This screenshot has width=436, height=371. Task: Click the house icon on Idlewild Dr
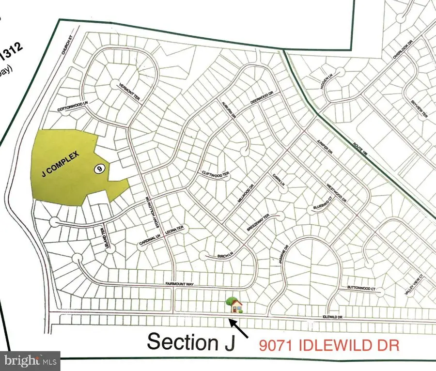pyautogui.click(x=235, y=305)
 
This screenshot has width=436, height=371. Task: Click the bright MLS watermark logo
pyautogui.click(x=31, y=360)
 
